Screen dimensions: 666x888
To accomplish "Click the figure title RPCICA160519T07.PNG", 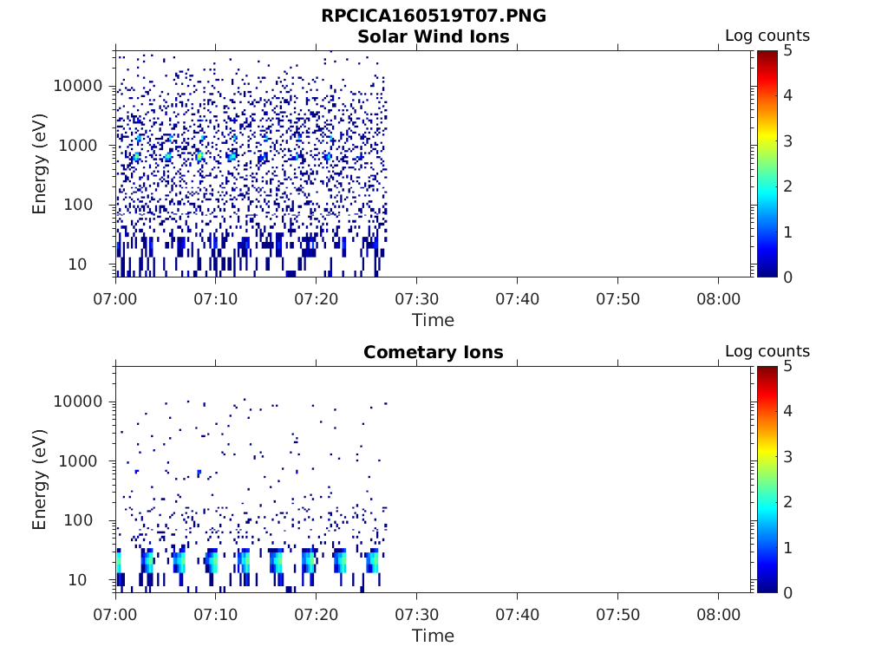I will (434, 16).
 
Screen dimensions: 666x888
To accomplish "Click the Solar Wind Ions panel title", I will (434, 36).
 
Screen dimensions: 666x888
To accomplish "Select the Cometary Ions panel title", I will (434, 352).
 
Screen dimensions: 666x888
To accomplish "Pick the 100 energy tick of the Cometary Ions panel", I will (88, 520).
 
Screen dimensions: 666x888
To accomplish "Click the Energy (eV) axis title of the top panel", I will (40, 163).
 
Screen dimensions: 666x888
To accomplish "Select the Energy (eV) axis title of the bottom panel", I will (40, 479).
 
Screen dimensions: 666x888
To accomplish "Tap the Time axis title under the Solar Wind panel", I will (434, 320).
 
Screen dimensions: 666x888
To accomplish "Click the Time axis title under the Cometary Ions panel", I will (434, 636).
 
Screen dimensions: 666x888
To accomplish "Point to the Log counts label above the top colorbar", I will (767, 36).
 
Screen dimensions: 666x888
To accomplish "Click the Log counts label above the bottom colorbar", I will (767, 351).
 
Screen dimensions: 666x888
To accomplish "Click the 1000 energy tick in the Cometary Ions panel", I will (83, 461).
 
